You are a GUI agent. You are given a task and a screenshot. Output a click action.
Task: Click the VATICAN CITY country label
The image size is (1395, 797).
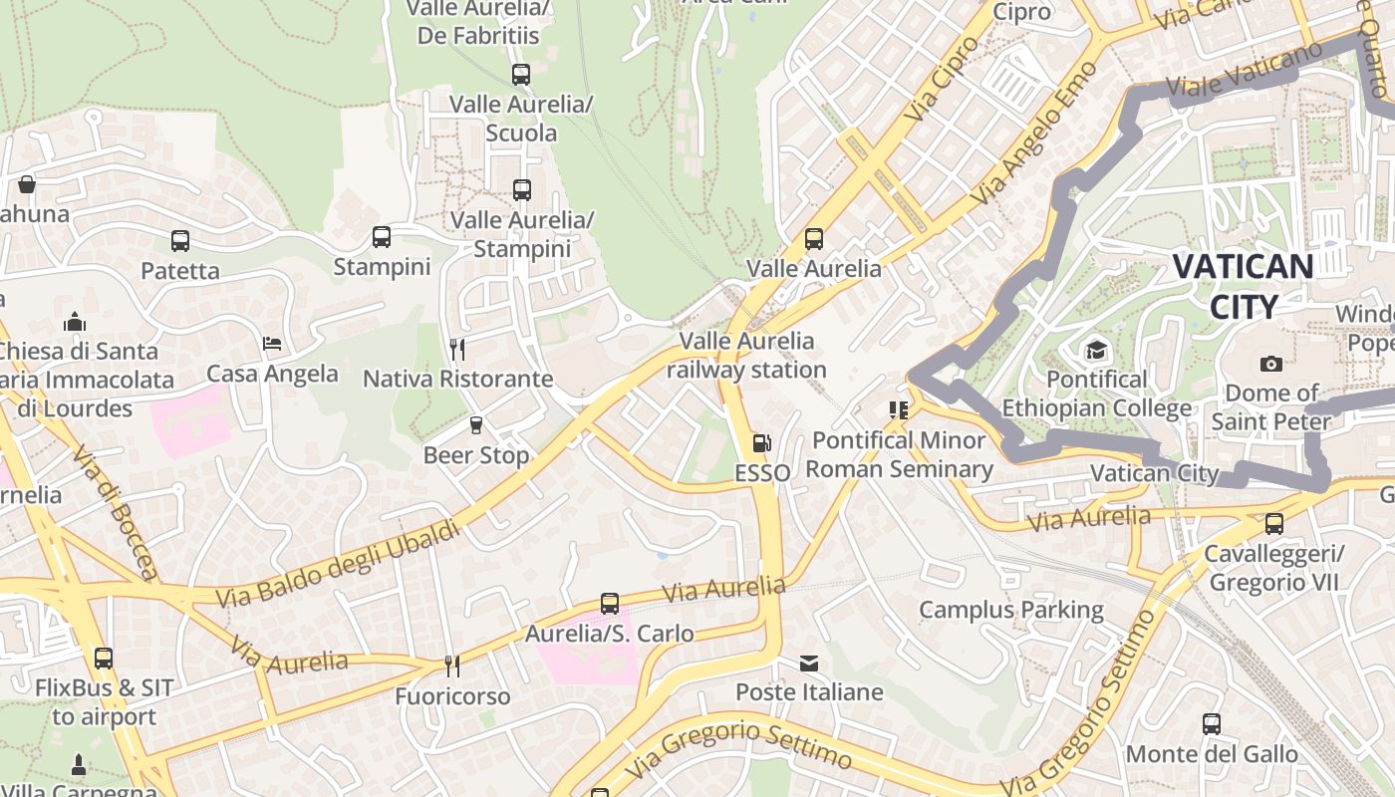(x=1243, y=286)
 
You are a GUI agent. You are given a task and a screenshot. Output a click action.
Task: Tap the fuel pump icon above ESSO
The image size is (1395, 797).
(x=761, y=443)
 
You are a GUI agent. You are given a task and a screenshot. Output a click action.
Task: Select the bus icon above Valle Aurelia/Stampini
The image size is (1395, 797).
(x=521, y=189)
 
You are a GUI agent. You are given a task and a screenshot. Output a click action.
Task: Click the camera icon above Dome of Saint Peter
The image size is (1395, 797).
(x=1270, y=364)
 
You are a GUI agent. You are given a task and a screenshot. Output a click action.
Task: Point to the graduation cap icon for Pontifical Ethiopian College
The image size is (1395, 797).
(x=1096, y=351)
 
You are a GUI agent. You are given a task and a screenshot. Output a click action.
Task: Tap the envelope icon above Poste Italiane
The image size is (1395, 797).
(x=809, y=663)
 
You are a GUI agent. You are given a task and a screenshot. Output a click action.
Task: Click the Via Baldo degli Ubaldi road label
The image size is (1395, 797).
(x=338, y=564)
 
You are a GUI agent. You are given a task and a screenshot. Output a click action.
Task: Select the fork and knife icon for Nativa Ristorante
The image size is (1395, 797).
(x=457, y=349)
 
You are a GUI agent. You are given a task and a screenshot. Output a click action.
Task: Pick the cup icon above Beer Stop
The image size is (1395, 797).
(x=475, y=425)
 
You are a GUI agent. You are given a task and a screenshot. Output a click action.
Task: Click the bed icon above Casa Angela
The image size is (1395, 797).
(x=272, y=344)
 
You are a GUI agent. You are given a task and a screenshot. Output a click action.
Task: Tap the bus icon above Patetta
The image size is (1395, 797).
(x=179, y=240)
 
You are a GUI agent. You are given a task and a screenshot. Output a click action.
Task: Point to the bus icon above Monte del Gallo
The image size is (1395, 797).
(x=1212, y=724)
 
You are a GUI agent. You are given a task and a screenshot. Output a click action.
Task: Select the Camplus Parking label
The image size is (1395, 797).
(x=1010, y=610)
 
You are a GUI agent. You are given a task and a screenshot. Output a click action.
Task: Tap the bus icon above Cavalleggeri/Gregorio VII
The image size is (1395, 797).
(x=1273, y=523)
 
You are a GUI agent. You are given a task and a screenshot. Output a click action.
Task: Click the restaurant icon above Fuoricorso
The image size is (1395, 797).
(x=452, y=665)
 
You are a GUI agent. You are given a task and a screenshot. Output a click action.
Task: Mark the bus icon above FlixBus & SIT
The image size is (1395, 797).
(x=104, y=658)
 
